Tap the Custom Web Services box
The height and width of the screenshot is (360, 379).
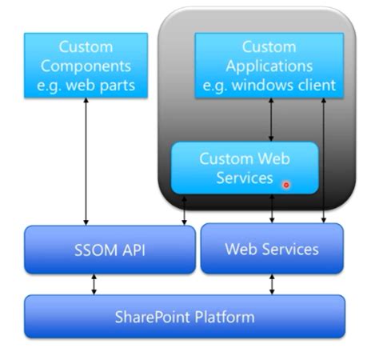click(245, 167)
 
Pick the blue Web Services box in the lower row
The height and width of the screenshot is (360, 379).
click(271, 249)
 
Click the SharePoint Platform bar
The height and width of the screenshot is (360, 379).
click(185, 316)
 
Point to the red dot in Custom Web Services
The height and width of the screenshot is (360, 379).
click(286, 185)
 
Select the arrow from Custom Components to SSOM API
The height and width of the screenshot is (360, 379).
click(86, 160)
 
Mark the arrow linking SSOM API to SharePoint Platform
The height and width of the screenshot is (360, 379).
click(94, 284)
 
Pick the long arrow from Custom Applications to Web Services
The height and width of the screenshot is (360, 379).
click(324, 160)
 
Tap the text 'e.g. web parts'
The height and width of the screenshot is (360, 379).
click(86, 84)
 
